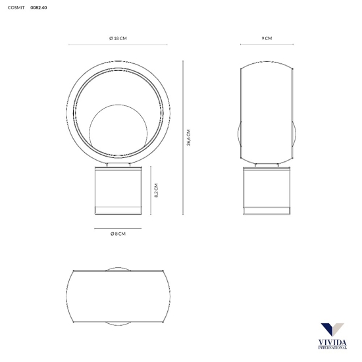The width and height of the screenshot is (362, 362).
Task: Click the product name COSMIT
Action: tap(16, 8)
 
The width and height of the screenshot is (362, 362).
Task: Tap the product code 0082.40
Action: tap(39, 8)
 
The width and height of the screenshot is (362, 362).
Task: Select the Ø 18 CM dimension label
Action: tap(118, 38)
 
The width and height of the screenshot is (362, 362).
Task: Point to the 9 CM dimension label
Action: tap(267, 38)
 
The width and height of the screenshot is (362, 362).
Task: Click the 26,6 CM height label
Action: tap(189, 138)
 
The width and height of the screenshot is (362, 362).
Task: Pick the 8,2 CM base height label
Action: tap(156, 190)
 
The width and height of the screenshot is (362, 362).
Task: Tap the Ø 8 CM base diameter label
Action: tap(118, 234)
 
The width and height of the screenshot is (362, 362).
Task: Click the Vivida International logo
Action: tap(332, 336)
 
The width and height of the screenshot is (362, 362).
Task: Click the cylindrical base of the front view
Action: tap(118, 190)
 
